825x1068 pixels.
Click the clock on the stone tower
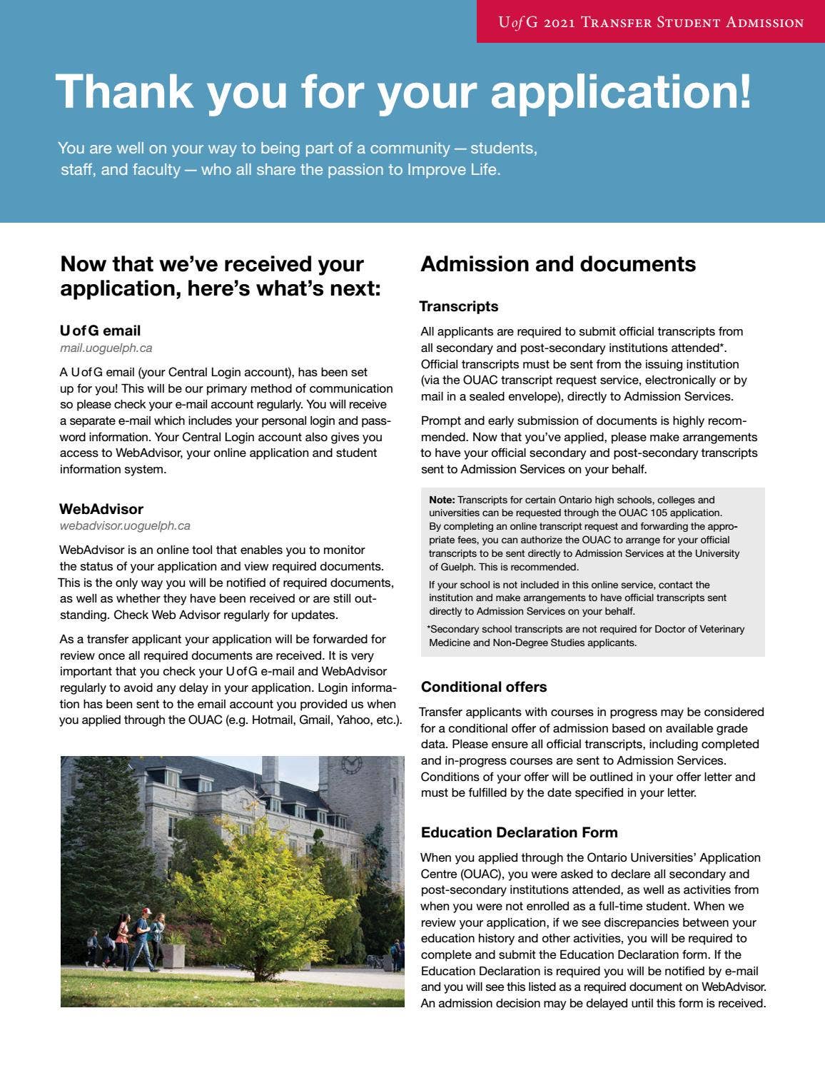point(351,765)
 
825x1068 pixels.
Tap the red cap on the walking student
point(146,912)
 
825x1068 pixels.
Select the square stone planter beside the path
point(173,955)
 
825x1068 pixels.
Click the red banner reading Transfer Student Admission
point(650,22)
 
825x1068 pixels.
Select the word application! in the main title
point(621,92)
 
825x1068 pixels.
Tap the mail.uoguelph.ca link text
point(106,348)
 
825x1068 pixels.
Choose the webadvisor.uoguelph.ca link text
point(125,526)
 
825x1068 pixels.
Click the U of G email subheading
point(100,331)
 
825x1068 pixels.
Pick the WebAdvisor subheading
point(101,509)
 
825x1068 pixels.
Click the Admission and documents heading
point(558,264)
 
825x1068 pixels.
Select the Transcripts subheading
point(459,306)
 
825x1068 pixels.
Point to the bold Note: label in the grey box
point(442,500)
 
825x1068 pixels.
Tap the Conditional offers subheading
point(484,687)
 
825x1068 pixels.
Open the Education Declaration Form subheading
point(519,832)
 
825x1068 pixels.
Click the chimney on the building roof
point(270,770)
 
